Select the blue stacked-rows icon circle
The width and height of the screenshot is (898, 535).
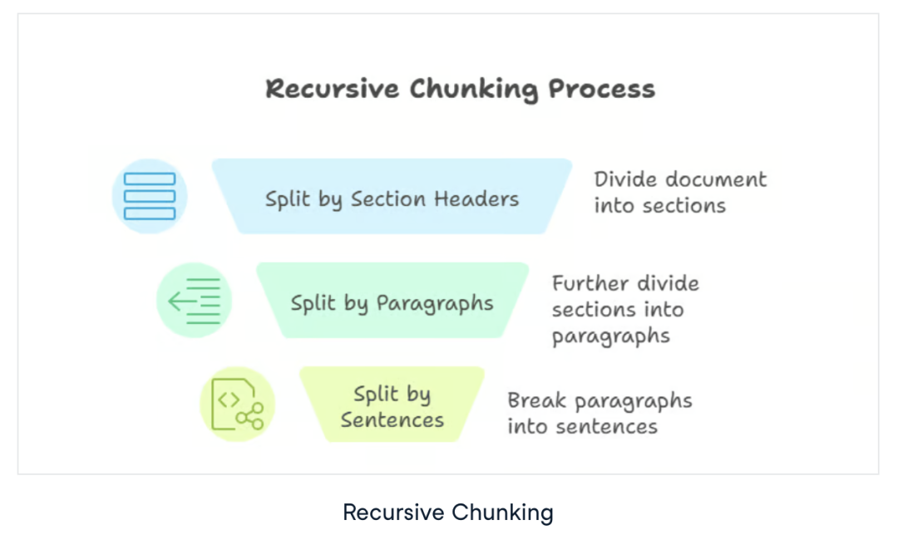(x=150, y=196)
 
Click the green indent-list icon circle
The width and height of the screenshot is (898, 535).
(x=194, y=301)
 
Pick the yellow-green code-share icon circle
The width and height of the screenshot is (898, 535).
(x=237, y=405)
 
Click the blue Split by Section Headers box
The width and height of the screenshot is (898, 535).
(x=392, y=196)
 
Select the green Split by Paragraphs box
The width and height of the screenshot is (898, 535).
(x=392, y=301)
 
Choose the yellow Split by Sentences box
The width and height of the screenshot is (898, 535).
(x=392, y=405)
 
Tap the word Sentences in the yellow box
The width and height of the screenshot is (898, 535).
(x=392, y=419)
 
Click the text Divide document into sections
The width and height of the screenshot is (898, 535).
(x=680, y=192)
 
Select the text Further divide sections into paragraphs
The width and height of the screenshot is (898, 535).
(x=625, y=310)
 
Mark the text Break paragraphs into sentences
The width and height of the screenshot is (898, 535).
(x=599, y=413)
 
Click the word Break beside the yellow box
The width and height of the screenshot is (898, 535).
(x=537, y=400)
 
